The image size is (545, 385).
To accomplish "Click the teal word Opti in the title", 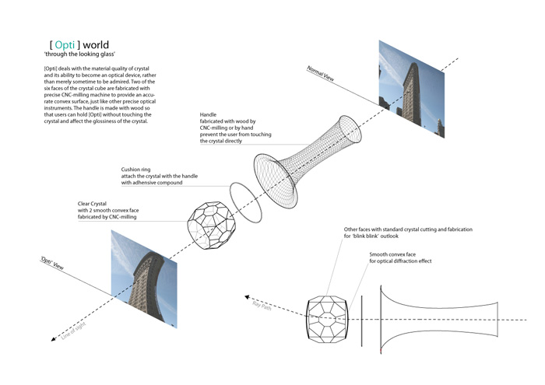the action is [65, 45].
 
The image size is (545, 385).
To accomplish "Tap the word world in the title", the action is [96, 45].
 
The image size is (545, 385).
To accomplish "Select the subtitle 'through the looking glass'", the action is [79, 54].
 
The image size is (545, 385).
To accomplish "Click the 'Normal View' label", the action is [320, 74].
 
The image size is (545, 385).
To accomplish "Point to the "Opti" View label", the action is [52, 263].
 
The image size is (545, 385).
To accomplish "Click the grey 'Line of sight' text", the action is [73, 331].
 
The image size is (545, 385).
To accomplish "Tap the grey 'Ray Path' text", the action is [262, 306].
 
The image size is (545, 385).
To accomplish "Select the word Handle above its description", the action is [208, 114].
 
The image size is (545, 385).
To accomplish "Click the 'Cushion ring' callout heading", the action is [135, 170].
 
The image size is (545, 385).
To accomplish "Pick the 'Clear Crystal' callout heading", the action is [92, 204].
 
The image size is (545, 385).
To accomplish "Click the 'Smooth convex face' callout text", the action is [392, 254].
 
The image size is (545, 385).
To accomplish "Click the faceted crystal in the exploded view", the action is [212, 225].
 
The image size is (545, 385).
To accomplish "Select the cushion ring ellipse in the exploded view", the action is [245, 202].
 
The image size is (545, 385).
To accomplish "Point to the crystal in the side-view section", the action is [327, 320].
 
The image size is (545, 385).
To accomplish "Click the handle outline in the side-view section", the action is [439, 320].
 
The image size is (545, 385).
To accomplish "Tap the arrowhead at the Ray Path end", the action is [247, 298].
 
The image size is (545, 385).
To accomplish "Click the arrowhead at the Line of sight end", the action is [53, 339].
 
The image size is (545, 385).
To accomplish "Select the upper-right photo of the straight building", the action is [412, 89].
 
